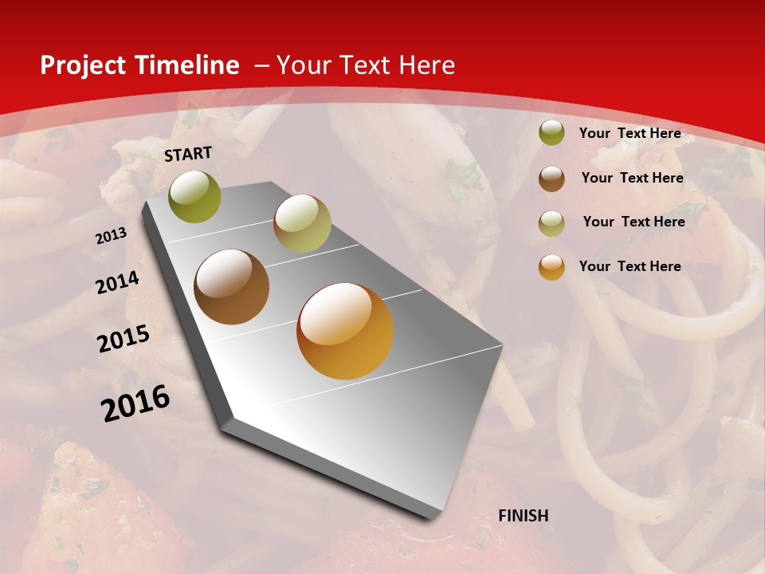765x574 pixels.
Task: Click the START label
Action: [188, 154]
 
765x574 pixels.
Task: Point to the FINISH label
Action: [523, 516]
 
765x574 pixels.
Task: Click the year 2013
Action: [112, 236]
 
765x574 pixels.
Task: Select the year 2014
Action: [117, 283]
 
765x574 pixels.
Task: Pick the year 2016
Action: [135, 403]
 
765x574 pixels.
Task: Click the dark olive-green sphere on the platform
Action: [195, 197]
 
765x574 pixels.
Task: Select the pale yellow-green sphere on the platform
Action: [302, 223]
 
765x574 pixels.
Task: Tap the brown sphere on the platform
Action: [232, 287]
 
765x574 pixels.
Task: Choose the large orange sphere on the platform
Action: [345, 331]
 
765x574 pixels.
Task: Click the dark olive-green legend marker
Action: [551, 133]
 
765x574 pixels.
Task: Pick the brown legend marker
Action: [551, 179]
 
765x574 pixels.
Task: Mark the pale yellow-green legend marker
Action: [551, 223]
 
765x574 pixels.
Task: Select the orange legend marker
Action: [551, 267]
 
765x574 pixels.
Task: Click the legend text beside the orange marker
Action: [630, 266]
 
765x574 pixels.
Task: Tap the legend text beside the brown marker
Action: [632, 178]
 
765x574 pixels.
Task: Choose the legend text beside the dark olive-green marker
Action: [630, 133]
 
